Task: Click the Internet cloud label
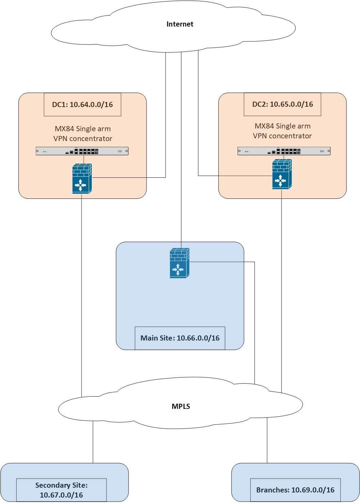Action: pyautogui.click(x=180, y=24)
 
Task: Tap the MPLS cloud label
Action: pyautogui.click(x=181, y=406)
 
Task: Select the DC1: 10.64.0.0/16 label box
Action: pyautogui.click(x=82, y=105)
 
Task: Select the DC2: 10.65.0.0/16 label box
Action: pyautogui.click(x=282, y=104)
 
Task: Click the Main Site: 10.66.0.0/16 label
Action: pyautogui.click(x=180, y=338)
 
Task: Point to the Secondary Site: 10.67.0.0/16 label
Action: pyautogui.click(x=62, y=490)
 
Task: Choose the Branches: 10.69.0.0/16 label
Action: pyautogui.click(x=295, y=490)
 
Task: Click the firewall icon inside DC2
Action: pyautogui.click(x=282, y=175)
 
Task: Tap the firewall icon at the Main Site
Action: pyautogui.click(x=179, y=263)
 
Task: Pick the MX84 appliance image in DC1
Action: pyautogui.click(x=82, y=151)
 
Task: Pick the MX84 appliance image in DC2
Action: pyautogui.click(x=284, y=151)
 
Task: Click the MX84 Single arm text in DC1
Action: pyautogui.click(x=83, y=129)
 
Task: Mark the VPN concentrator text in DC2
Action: pyautogui.click(x=282, y=136)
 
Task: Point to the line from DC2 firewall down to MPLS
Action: pyautogui.click(x=281, y=289)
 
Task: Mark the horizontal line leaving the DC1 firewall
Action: pyautogui.click(x=129, y=177)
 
